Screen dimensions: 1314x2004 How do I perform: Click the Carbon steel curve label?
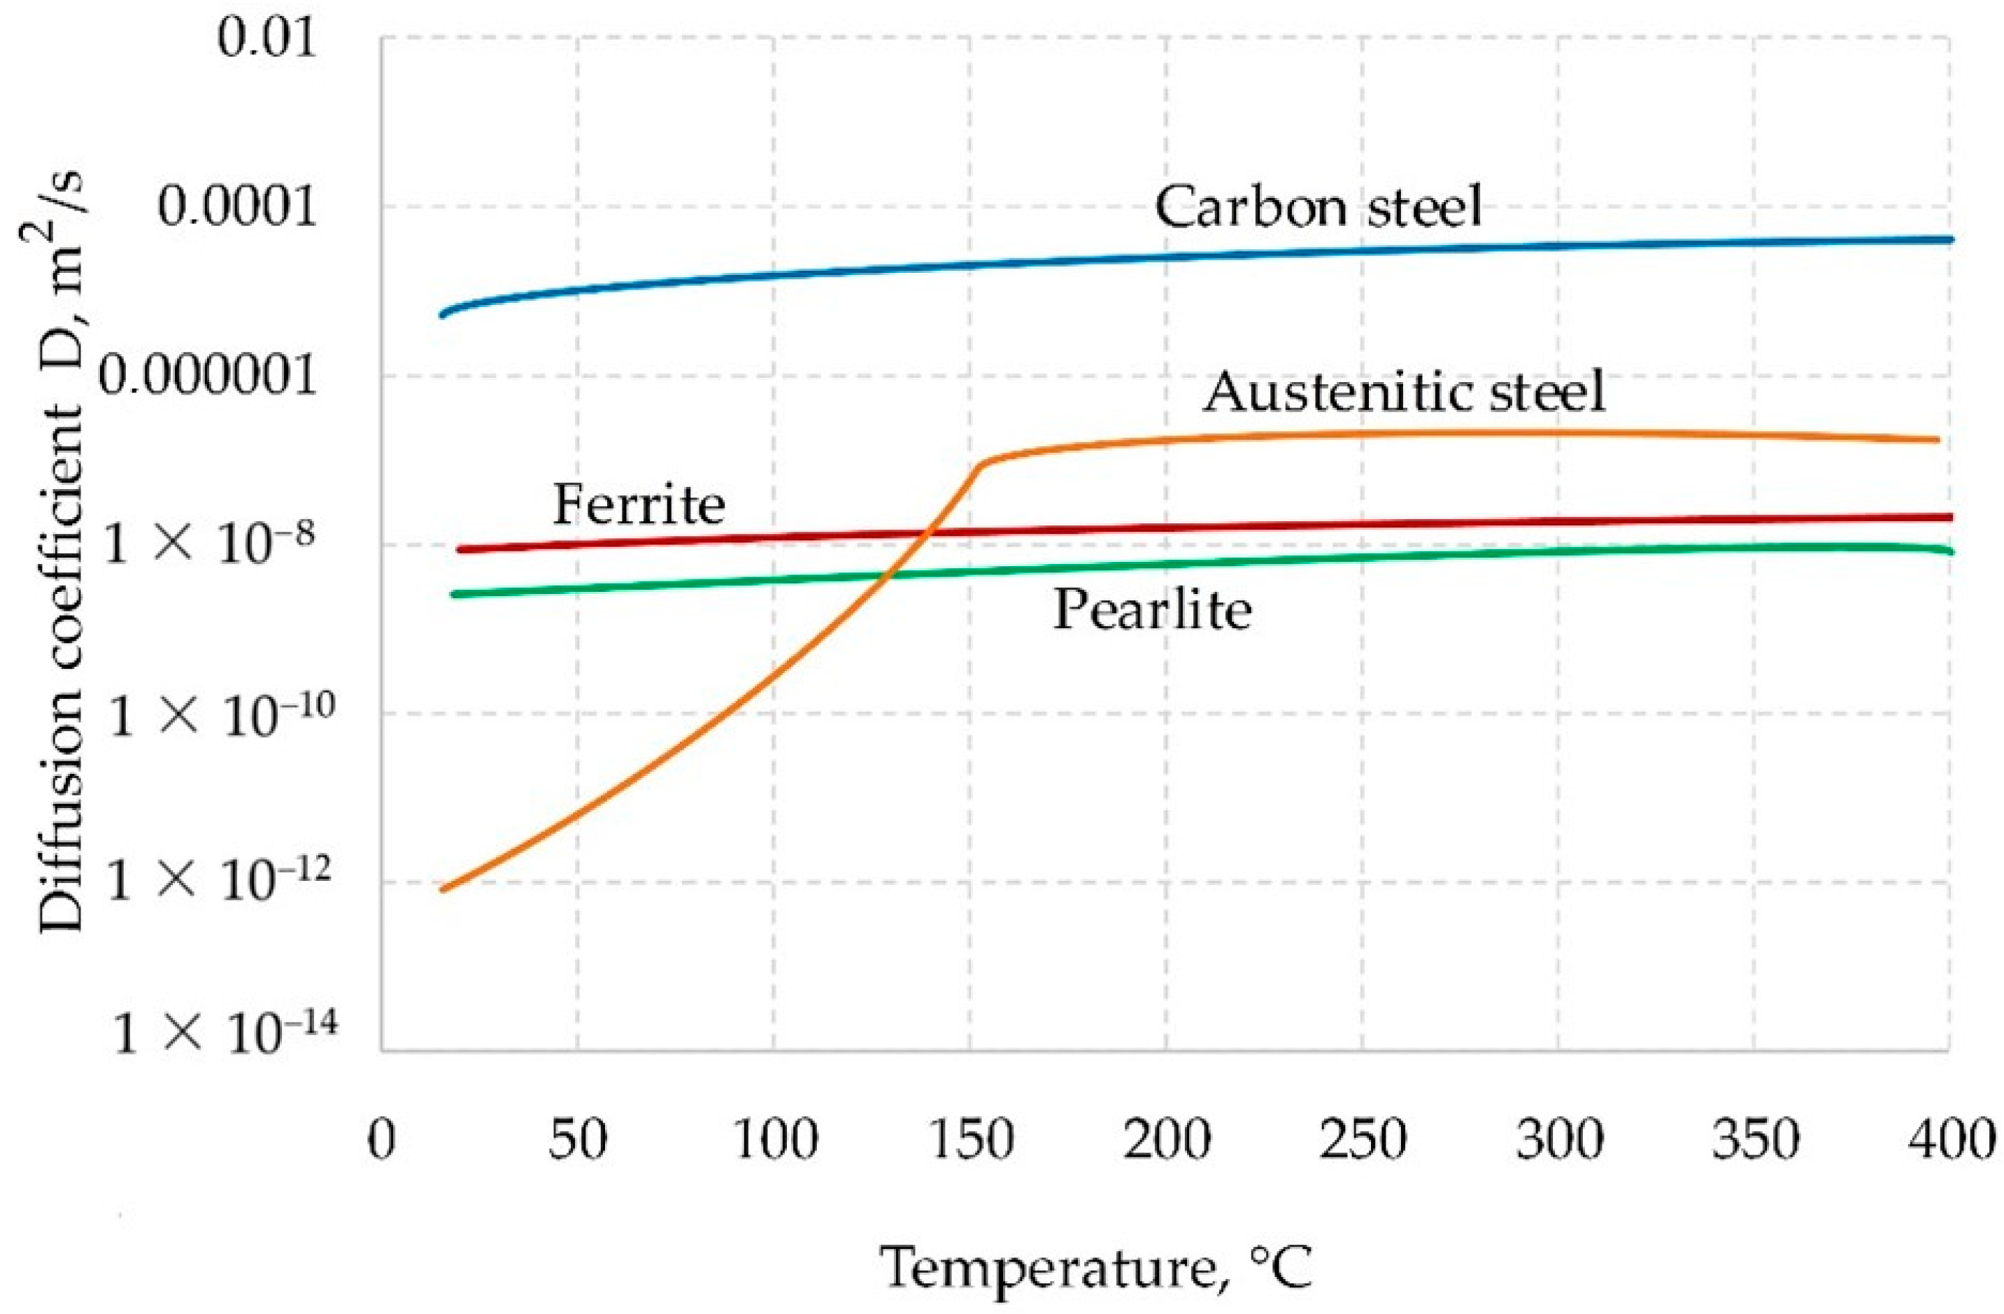pos(1318,207)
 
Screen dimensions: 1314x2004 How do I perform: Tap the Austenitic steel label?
pos(1404,393)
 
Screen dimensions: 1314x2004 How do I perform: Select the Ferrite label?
pos(638,507)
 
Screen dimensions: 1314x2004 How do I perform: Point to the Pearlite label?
pos(1152,610)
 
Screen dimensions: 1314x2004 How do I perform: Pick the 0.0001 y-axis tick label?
pos(239,207)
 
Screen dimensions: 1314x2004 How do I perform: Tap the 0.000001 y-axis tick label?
pos(209,376)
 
